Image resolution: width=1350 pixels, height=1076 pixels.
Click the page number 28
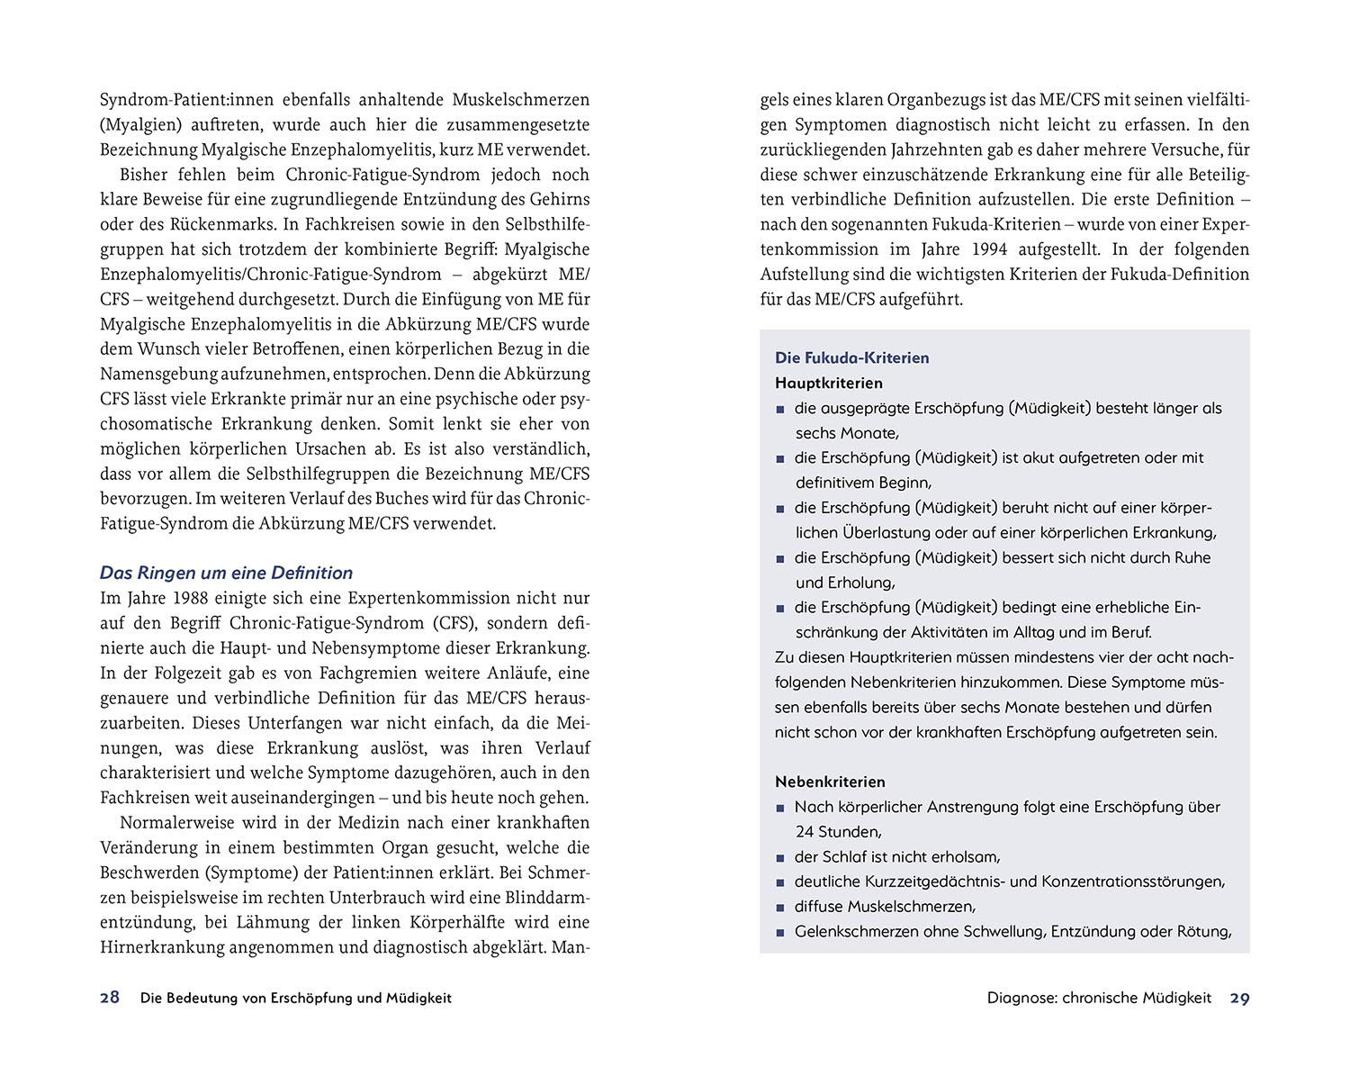(x=109, y=998)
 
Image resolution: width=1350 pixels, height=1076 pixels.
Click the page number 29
(x=1239, y=998)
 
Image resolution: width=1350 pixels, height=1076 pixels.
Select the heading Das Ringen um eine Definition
(x=226, y=573)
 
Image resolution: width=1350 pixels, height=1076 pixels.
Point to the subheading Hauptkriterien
(x=828, y=383)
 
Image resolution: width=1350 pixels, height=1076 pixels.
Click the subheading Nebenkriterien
(x=830, y=782)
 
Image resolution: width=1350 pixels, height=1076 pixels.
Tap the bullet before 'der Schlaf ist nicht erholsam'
(x=780, y=858)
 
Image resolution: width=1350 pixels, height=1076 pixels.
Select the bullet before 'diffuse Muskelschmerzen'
(x=780, y=908)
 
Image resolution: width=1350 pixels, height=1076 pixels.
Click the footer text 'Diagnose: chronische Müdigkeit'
(x=1098, y=998)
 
